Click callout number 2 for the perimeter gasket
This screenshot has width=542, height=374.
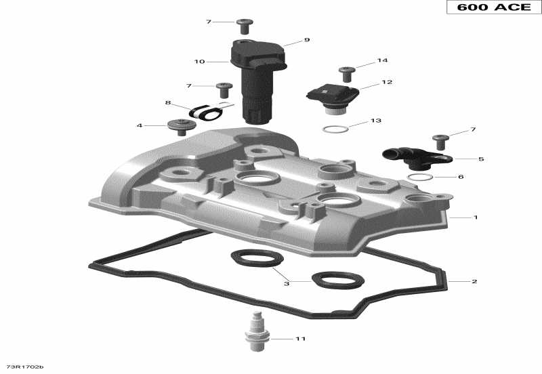click(x=474, y=281)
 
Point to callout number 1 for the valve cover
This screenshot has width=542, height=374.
click(x=476, y=217)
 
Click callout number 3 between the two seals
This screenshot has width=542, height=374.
click(x=287, y=284)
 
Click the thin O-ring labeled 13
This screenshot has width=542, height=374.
click(x=335, y=129)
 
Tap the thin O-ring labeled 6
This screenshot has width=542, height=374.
click(x=421, y=178)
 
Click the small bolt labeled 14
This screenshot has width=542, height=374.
click(x=347, y=71)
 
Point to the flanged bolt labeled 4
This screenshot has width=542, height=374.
click(x=180, y=126)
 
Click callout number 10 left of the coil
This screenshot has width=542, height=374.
click(x=199, y=62)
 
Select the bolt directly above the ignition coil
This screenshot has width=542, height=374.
click(x=245, y=26)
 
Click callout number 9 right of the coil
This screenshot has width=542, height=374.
click(x=306, y=40)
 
